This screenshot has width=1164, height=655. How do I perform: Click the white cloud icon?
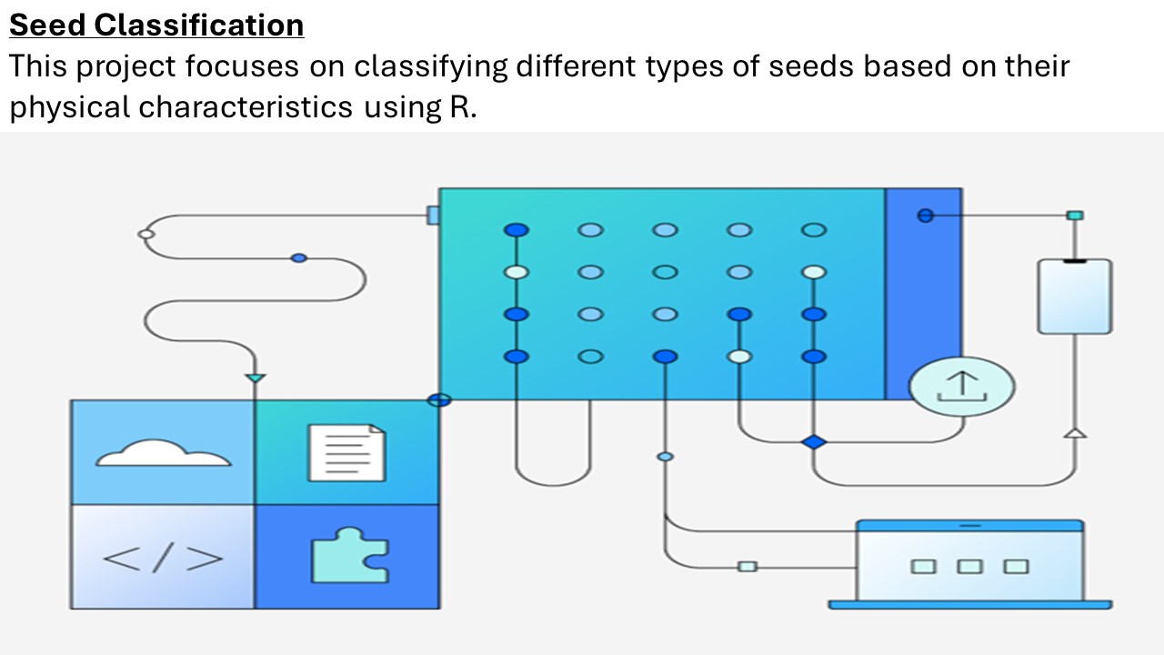coord(163,452)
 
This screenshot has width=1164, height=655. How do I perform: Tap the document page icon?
coord(346,452)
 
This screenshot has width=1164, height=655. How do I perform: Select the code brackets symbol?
coord(163,558)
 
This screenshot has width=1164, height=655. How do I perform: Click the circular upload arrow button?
coord(962,386)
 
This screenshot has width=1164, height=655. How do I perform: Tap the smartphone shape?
coord(1075,297)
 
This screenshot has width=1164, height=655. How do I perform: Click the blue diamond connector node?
coord(814,442)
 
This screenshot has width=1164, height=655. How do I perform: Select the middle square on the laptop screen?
coord(970,566)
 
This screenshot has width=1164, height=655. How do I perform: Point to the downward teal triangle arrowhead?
coord(256,377)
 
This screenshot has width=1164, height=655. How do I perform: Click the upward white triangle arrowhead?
coord(1076,432)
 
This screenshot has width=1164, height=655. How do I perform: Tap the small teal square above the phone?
coord(1075,216)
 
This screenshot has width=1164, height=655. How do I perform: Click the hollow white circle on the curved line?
coord(145,235)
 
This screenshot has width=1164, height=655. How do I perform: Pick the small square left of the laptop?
coord(748,566)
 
